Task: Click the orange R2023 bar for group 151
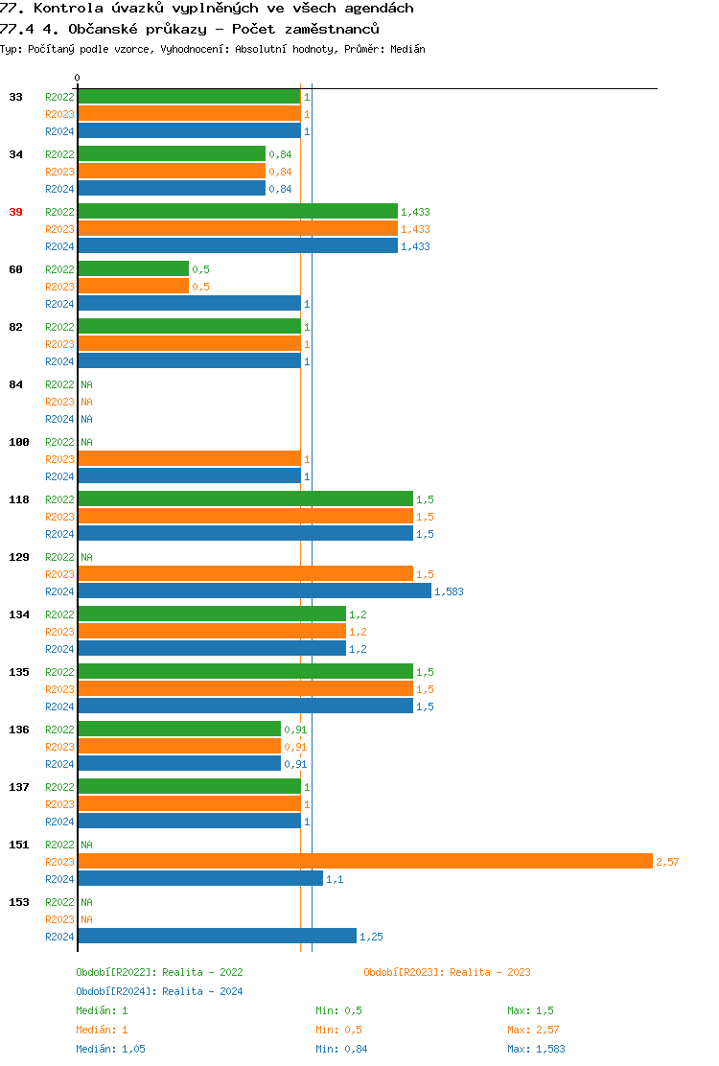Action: pyautogui.click(x=364, y=861)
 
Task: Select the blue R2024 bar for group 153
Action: pyautogui.click(x=217, y=936)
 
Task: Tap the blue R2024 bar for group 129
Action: pyautogui.click(x=254, y=591)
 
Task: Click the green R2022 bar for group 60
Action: pyautogui.click(x=133, y=268)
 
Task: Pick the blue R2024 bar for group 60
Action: pyautogui.click(x=189, y=303)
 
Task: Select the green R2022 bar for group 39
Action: pyautogui.click(x=237, y=211)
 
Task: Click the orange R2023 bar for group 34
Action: pyautogui.click(x=172, y=171)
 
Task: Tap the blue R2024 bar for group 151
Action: pyautogui.click(x=200, y=878)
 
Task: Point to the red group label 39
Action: pyautogui.click(x=15, y=212)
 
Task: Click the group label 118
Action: pyautogui.click(x=18, y=499)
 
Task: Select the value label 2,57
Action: pyautogui.click(x=667, y=862)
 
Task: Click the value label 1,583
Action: pyautogui.click(x=449, y=591)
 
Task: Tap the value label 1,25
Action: pyautogui.click(x=371, y=937)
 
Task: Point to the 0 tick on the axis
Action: pyautogui.click(x=78, y=79)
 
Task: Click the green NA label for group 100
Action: pyautogui.click(x=86, y=442)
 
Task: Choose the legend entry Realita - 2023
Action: pyautogui.click(x=447, y=972)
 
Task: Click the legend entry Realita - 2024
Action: pyautogui.click(x=159, y=991)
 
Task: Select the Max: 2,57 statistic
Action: pyautogui.click(x=530, y=1030)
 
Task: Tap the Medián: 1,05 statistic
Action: pyautogui.click(x=110, y=1049)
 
